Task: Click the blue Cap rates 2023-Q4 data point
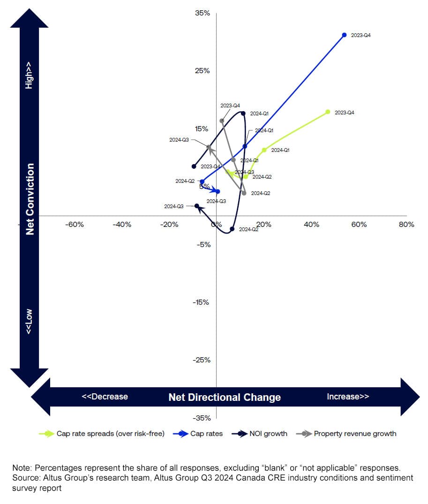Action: point(344,35)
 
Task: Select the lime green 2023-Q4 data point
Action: point(328,112)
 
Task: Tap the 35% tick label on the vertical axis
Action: point(203,13)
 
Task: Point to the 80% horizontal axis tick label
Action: point(406,225)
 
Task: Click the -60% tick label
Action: point(74,225)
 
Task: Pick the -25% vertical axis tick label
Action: point(202,360)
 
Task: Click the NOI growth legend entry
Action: point(269,434)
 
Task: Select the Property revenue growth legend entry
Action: point(354,434)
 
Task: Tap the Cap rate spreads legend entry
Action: point(110,434)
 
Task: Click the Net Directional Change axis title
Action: point(225,398)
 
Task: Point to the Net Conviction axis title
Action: point(30,199)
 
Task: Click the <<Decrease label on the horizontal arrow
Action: point(105,397)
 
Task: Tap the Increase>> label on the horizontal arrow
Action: point(348,397)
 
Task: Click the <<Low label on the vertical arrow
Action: point(30,322)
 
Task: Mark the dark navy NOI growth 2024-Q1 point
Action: point(243,113)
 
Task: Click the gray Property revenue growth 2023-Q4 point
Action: point(222,121)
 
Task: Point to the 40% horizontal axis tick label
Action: point(311,225)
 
